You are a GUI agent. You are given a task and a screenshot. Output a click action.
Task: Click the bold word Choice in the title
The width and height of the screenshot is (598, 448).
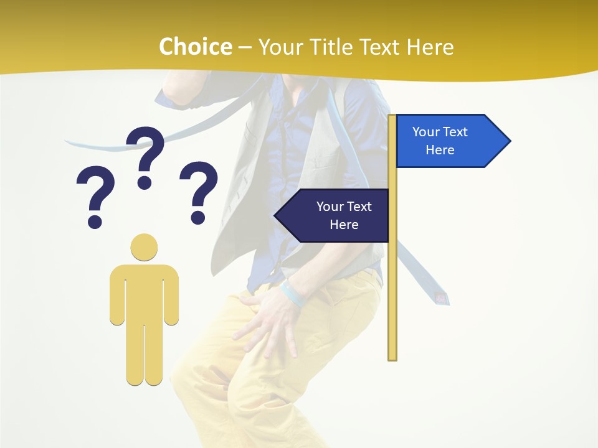[195, 47]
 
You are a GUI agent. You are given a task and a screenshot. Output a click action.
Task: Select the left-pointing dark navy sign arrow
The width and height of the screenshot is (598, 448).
[333, 215]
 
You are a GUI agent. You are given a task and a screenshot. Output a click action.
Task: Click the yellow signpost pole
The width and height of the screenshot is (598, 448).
[392, 280]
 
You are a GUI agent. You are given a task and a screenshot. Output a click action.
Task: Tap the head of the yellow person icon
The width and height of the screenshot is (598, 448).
[144, 246]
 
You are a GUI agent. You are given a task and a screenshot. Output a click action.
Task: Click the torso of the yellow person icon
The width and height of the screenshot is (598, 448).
[144, 292]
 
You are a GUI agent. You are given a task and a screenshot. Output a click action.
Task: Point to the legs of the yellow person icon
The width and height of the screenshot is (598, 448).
[144, 355]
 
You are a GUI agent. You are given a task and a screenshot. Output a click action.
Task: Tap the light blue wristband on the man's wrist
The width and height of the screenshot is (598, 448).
[293, 293]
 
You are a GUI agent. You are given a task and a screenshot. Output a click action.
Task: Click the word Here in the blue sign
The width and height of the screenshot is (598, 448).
[440, 150]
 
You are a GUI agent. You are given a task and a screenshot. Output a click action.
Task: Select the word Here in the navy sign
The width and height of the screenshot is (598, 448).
[344, 225]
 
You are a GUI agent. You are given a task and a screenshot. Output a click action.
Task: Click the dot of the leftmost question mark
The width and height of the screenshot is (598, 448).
[95, 221]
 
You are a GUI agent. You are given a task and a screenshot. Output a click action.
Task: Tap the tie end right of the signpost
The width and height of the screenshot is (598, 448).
[439, 297]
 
